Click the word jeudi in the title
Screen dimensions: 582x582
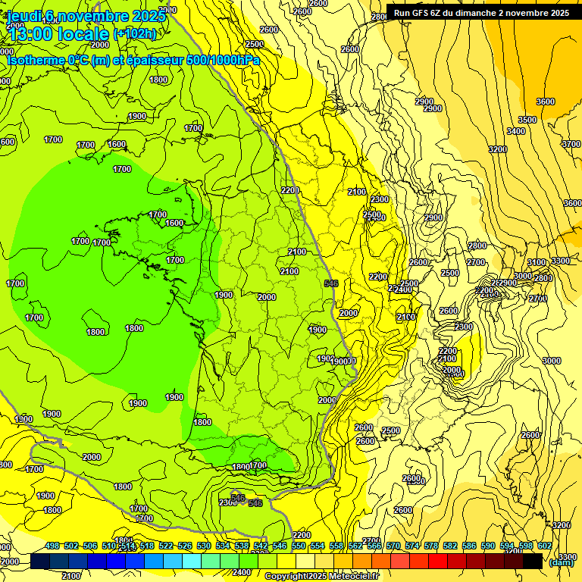coord(23,16)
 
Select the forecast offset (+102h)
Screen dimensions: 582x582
coord(134,33)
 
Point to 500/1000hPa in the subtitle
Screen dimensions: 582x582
coord(221,60)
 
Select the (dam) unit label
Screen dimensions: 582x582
coord(561,562)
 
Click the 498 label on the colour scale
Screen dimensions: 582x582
coord(52,546)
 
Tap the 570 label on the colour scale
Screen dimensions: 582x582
coord(393,546)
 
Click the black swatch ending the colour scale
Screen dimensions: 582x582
coord(533,561)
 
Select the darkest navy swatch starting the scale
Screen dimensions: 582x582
coord(40,561)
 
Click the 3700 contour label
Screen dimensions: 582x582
coord(571,144)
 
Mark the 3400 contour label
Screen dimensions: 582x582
coord(515,132)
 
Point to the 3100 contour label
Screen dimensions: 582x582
coord(536,262)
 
